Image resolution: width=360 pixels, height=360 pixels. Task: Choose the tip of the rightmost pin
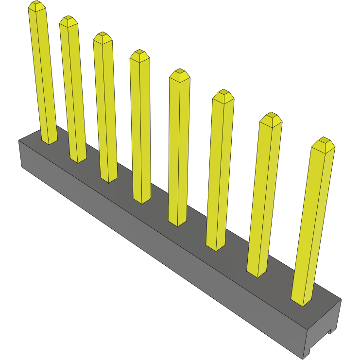[x=324, y=141]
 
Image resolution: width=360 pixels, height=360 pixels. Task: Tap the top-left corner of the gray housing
[x=19, y=140]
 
